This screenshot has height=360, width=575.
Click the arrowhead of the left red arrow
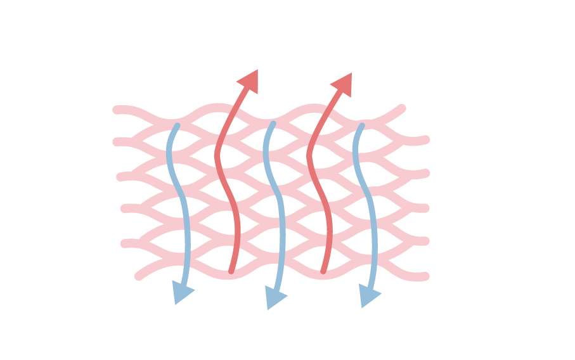click(249, 80)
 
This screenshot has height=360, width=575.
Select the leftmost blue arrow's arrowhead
click(182, 293)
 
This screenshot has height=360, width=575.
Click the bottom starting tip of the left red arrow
click(231, 271)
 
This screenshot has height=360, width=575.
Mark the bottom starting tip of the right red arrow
click(323, 271)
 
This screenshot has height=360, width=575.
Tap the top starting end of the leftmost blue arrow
click(176, 126)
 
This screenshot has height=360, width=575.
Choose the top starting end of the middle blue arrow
click(273, 124)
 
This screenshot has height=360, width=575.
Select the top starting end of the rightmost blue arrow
click(361, 127)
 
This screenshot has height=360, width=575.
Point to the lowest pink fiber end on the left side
click(139, 276)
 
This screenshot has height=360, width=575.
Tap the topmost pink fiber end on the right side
click(401, 108)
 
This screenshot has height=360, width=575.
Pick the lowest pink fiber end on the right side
click(425, 276)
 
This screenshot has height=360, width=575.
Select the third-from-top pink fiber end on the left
click(120, 177)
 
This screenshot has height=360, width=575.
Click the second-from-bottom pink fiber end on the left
click(124, 243)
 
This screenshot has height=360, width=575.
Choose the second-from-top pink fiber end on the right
click(425, 139)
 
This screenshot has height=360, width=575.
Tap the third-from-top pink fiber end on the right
click(425, 173)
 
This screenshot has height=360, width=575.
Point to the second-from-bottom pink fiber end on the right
click(425, 241)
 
